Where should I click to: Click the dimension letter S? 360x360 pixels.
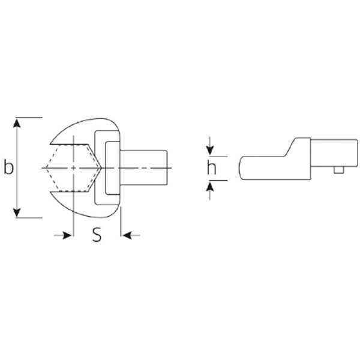click(x=97, y=235)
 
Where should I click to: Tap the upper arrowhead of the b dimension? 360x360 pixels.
click(x=17, y=123)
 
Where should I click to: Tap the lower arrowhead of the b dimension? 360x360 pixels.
click(x=17, y=212)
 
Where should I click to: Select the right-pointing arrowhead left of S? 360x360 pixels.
click(x=67, y=235)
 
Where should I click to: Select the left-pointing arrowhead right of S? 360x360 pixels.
click(x=127, y=235)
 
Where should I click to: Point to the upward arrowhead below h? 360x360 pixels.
click(x=210, y=185)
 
